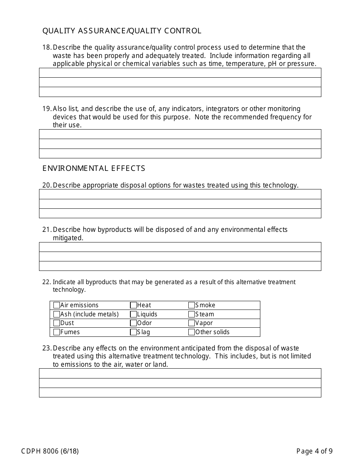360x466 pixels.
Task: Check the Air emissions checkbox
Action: pos(57,305)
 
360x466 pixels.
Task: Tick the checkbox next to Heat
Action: pos(133,305)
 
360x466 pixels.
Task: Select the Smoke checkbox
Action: pos(192,305)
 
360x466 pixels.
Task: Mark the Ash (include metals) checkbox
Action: pos(57,314)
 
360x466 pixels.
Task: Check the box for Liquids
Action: pos(133,314)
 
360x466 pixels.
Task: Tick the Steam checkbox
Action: pos(192,314)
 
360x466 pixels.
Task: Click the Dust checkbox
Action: pos(57,323)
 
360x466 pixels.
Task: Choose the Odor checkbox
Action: pos(133,323)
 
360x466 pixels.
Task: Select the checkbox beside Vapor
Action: pos(192,323)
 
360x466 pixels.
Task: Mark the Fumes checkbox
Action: pos(57,332)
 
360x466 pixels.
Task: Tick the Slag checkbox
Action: pos(133,332)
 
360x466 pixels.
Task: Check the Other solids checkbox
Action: pos(192,332)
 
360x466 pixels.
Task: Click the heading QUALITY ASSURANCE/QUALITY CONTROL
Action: pos(122,31)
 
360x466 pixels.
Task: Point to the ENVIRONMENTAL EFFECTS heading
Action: pos(94,169)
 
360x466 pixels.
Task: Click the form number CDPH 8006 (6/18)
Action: pos(50,451)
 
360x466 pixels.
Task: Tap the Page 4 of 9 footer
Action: pos(315,451)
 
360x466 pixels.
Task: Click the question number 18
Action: pos(46,47)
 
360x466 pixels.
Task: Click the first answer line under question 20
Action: pos(180,194)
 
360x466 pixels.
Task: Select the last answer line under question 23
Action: pos(180,393)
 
